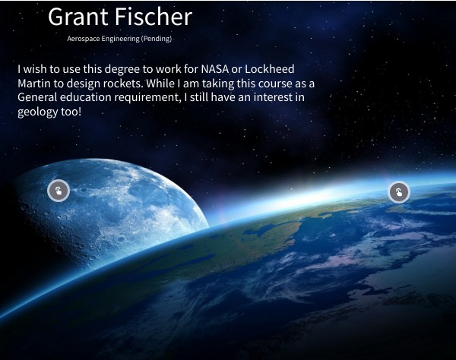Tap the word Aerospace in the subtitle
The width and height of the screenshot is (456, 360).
tap(83, 38)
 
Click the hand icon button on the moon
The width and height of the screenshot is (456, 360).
tap(59, 191)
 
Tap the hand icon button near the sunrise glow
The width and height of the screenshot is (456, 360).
tap(399, 192)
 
